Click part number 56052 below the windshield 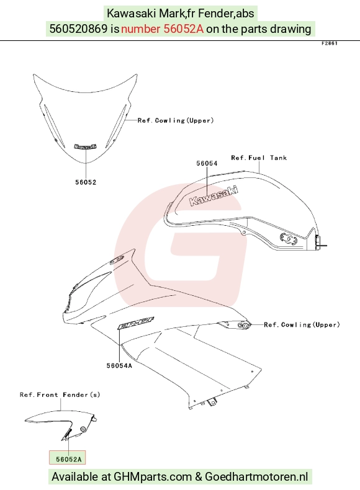point(86,182)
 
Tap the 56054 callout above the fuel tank point(207,163)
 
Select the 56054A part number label point(119,365)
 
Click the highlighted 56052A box point(67,458)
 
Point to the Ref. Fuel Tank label point(259,158)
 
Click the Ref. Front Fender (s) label point(60,394)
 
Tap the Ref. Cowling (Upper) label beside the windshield point(176,120)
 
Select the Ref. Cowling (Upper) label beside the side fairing point(302,324)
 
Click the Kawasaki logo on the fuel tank point(214,196)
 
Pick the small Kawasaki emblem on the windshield point(86,146)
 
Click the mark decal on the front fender point(68,434)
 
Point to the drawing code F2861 point(330,43)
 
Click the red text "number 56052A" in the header point(163,29)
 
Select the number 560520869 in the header point(78,29)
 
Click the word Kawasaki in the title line point(132,14)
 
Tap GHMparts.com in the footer point(153,477)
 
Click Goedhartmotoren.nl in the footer point(256,477)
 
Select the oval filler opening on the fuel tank point(288,238)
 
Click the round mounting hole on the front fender point(83,429)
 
